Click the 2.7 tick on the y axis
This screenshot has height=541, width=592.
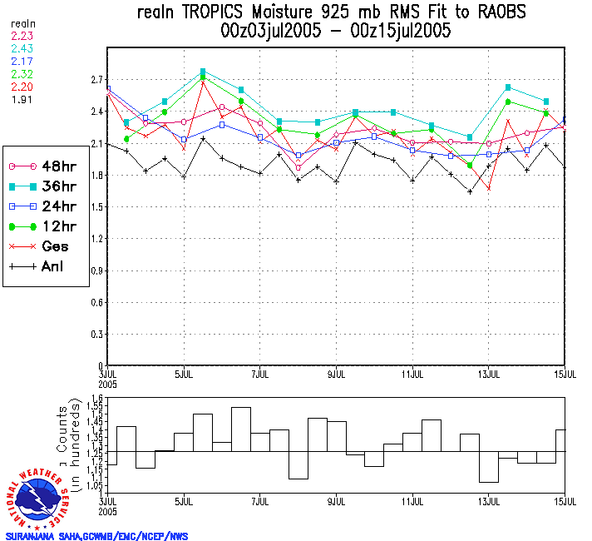(96, 80)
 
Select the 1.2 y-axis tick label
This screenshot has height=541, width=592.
(96, 239)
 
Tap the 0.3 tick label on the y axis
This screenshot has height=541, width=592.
(96, 335)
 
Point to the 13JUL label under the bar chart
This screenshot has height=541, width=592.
(489, 501)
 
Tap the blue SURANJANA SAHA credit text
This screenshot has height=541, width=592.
(96, 535)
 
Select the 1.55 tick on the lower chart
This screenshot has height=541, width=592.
(96, 408)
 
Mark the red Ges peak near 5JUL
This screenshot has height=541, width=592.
(203, 82)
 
